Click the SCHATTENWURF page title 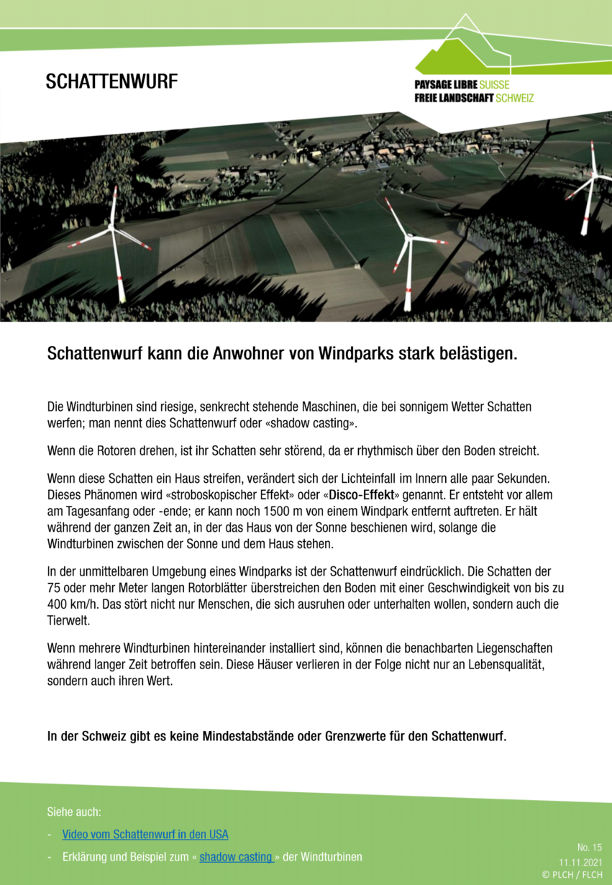(x=111, y=82)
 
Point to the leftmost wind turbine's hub (x=111, y=228)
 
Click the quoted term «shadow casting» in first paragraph (x=311, y=423)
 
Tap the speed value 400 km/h (x=73, y=604)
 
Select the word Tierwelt (x=69, y=620)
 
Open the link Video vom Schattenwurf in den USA (x=145, y=835)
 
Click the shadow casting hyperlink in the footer (x=235, y=857)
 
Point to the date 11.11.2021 (x=580, y=861)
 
